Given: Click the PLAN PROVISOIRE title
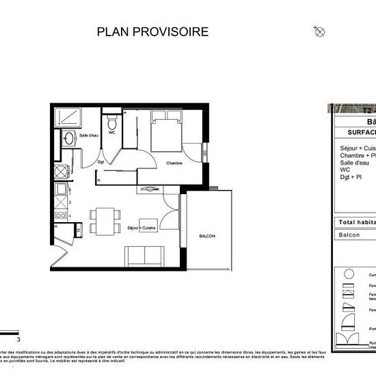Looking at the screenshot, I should pos(152,31).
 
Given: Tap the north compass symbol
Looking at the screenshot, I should pos(319,31).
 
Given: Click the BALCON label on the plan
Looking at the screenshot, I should pos(207,236).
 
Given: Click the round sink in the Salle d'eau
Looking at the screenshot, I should pos(68,139).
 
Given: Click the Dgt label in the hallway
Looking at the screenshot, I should pos(100,162).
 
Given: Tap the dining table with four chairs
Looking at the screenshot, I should pos(104,221).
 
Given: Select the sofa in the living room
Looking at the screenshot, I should pos(144,256).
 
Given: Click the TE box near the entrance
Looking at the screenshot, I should pos(79,230).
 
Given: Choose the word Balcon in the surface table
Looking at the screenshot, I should pos(350,234).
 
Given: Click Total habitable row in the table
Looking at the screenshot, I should pos(355,222).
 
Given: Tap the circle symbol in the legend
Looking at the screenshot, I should pos(349,273).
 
